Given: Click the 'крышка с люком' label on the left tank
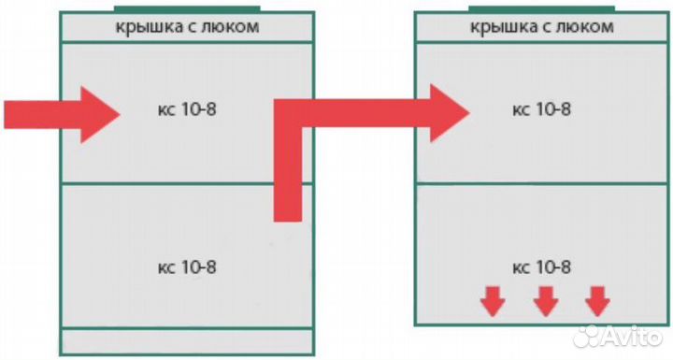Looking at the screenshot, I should pyautogui.click(x=187, y=26).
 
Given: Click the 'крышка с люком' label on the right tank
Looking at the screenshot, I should pyautogui.click(x=542, y=26).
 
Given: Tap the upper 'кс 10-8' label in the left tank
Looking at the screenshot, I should pyautogui.click(x=187, y=109).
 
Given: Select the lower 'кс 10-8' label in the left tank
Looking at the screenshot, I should pyautogui.click(x=187, y=266).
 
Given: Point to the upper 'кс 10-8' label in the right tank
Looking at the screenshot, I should pyautogui.click(x=542, y=109).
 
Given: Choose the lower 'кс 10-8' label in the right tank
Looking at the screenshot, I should pyautogui.click(x=542, y=268).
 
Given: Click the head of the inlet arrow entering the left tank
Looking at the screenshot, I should pyautogui.click(x=99, y=114).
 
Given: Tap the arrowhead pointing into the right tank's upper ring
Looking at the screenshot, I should pyautogui.click(x=450, y=113).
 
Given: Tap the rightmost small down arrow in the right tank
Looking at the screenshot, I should pyautogui.click(x=596, y=302).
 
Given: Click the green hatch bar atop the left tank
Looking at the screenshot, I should pyautogui.click(x=186, y=8).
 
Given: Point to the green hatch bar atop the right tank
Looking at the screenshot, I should pyautogui.click(x=542, y=7).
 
